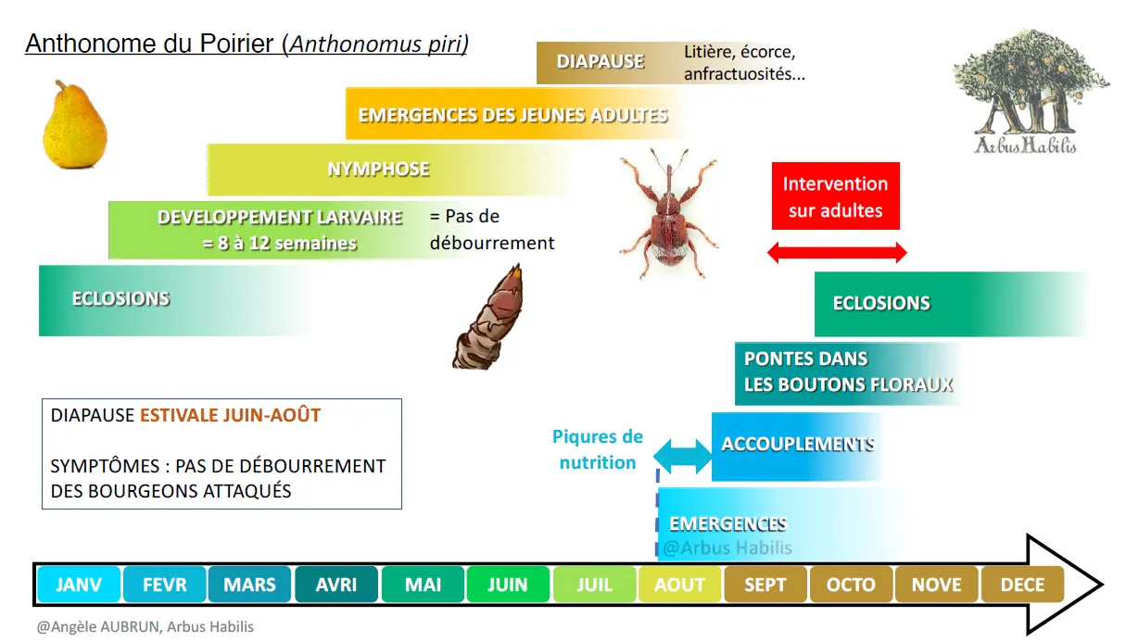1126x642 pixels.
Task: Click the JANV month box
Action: (x=79, y=585)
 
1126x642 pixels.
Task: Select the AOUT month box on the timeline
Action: (x=679, y=585)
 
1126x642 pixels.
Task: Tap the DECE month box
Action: (x=1022, y=585)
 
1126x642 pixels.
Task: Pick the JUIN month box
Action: (x=508, y=585)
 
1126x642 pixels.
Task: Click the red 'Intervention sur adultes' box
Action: (x=835, y=195)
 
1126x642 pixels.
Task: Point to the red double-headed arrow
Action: (x=837, y=253)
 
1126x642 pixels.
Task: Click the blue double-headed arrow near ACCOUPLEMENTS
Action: (x=683, y=456)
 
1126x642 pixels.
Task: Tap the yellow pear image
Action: (x=75, y=124)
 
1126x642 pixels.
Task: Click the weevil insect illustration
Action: (x=669, y=213)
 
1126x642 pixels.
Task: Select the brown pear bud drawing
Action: (x=488, y=317)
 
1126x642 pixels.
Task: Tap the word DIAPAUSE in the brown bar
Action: (x=601, y=62)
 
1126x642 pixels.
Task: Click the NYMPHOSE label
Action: (x=378, y=170)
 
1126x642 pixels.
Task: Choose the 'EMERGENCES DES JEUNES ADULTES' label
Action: (x=512, y=115)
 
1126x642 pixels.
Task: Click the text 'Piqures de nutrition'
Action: (x=598, y=449)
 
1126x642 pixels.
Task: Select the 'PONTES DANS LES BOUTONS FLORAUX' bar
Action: (x=850, y=373)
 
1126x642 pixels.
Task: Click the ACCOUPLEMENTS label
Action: (x=798, y=444)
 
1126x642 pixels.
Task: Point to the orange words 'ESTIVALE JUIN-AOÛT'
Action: (x=230, y=415)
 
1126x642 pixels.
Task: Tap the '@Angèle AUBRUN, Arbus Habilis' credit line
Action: (x=145, y=627)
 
